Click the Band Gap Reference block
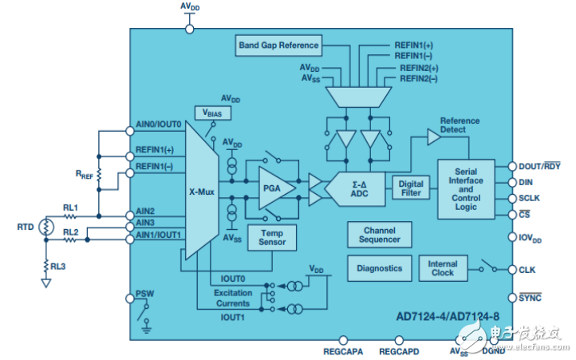pyautogui.click(x=278, y=45)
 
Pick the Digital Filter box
pyautogui.click(x=410, y=189)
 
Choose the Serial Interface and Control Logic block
pyautogui.click(x=466, y=189)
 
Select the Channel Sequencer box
pyautogui.click(x=380, y=235)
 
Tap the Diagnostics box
pyautogui.click(x=380, y=268)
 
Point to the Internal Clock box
pyautogui.click(x=443, y=268)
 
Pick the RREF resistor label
pyautogui.click(x=83, y=172)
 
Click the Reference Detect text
pyautogui.click(x=460, y=125)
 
